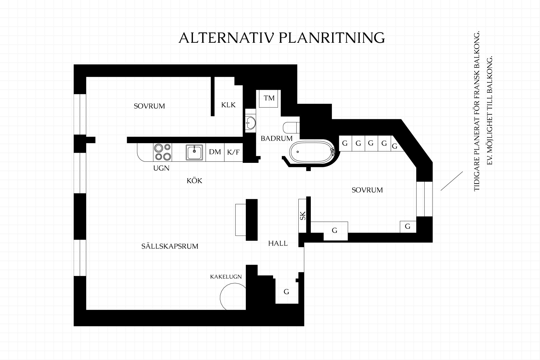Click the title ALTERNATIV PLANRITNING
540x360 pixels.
(x=282, y=38)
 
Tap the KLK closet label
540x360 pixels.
(x=228, y=105)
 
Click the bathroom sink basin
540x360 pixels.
(x=250, y=123)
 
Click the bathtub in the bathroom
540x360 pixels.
(x=312, y=152)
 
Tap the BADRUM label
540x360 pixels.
(x=276, y=138)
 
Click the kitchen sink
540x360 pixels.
(x=194, y=152)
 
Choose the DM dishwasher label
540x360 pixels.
(x=215, y=152)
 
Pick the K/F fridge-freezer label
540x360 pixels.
(x=233, y=152)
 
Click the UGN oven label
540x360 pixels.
(x=161, y=168)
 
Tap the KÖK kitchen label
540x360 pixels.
(x=195, y=180)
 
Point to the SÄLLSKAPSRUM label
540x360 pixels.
(x=170, y=246)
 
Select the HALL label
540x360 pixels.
(x=278, y=243)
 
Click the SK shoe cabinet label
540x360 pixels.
(x=303, y=216)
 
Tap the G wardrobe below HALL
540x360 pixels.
(x=286, y=292)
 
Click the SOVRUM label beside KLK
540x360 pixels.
(x=149, y=106)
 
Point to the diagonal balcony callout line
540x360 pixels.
(x=452, y=181)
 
